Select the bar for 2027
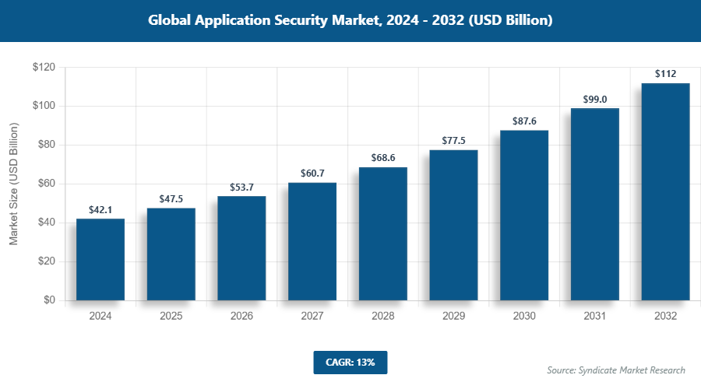point(312,241)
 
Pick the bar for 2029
point(453,225)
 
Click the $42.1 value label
point(100,209)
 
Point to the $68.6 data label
point(383,157)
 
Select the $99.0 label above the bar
point(595,99)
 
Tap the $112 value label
point(665,74)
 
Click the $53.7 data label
point(241,187)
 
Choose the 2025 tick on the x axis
point(171,317)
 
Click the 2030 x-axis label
point(524,317)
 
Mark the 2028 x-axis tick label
point(383,317)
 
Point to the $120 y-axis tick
point(44,68)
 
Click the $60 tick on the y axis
point(46,184)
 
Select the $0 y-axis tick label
point(49,300)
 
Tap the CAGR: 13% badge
point(350,363)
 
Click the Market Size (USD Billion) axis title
point(13,184)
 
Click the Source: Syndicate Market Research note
point(615,370)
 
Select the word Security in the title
point(301,21)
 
